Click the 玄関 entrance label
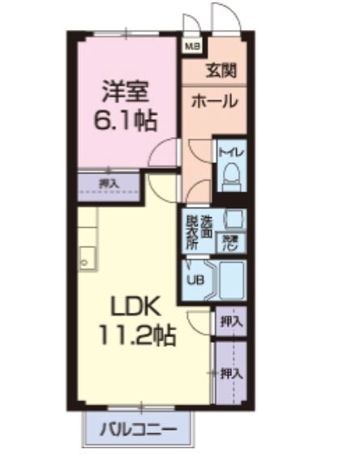point(221,71)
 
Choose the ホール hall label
point(215,101)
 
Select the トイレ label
point(229,152)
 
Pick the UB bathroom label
point(195,280)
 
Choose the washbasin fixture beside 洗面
point(233,219)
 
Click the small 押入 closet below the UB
point(230,321)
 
